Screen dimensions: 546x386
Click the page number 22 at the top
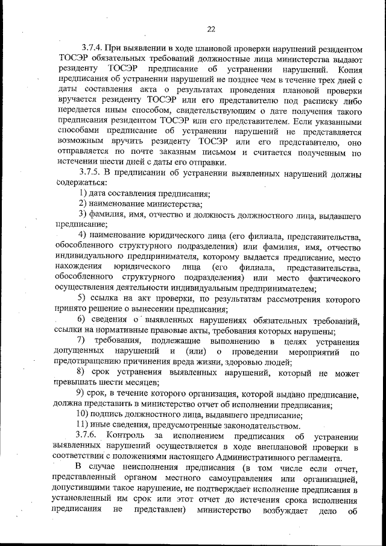click(210, 28)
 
